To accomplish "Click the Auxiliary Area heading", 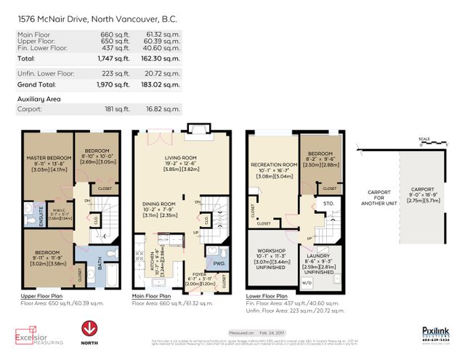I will coord(39,97).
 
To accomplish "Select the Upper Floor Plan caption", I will coord(42,297).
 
